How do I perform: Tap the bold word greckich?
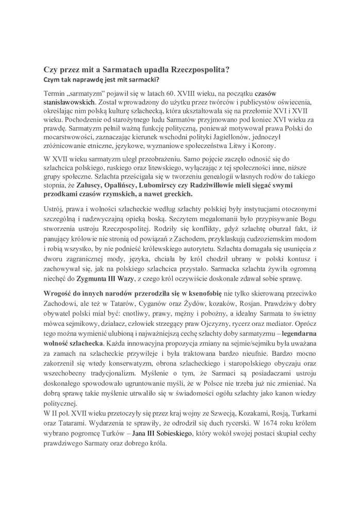click(x=176, y=194)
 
